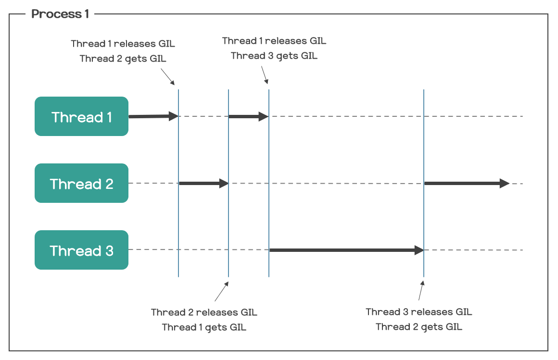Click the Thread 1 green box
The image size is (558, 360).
(81, 117)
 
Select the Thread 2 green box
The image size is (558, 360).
(81, 184)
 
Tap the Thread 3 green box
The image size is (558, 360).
(81, 250)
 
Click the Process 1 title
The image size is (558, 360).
(60, 14)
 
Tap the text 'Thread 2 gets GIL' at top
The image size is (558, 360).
(123, 59)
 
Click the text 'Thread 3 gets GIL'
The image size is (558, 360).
(274, 56)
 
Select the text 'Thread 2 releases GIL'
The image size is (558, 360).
(204, 312)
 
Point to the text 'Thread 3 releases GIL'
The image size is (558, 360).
(418, 312)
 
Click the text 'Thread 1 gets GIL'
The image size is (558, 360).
(204, 327)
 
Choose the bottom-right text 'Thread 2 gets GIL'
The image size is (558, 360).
(418, 327)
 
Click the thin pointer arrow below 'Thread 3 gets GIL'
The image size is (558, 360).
(264, 74)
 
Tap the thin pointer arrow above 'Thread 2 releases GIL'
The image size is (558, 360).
(221, 291)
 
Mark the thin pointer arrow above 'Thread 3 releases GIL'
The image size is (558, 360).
(421, 291)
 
